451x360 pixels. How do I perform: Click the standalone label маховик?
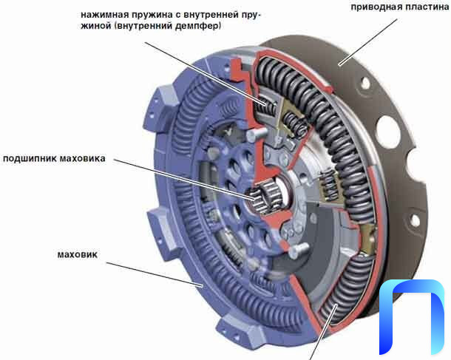78,254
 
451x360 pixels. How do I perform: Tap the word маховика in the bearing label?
83,158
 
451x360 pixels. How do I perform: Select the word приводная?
374,7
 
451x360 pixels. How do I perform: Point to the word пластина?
424,7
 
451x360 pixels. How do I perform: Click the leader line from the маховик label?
155,274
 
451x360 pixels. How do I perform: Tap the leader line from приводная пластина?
368,42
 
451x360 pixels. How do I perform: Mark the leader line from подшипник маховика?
185,179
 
